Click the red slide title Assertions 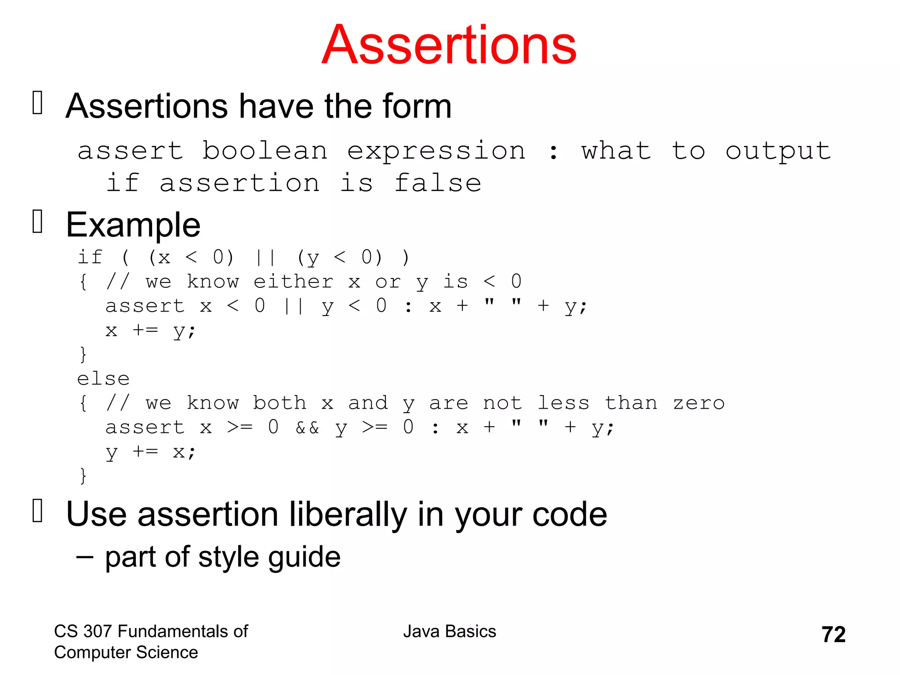click(x=449, y=45)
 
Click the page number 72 click(x=833, y=635)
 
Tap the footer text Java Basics click(x=449, y=631)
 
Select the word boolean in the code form click(x=265, y=151)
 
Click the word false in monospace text click(x=438, y=183)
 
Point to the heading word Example click(x=133, y=225)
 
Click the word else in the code click(x=103, y=379)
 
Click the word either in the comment click(x=293, y=282)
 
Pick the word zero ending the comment click(x=698, y=403)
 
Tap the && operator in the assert click(x=307, y=428)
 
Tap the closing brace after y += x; click(x=83, y=476)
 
